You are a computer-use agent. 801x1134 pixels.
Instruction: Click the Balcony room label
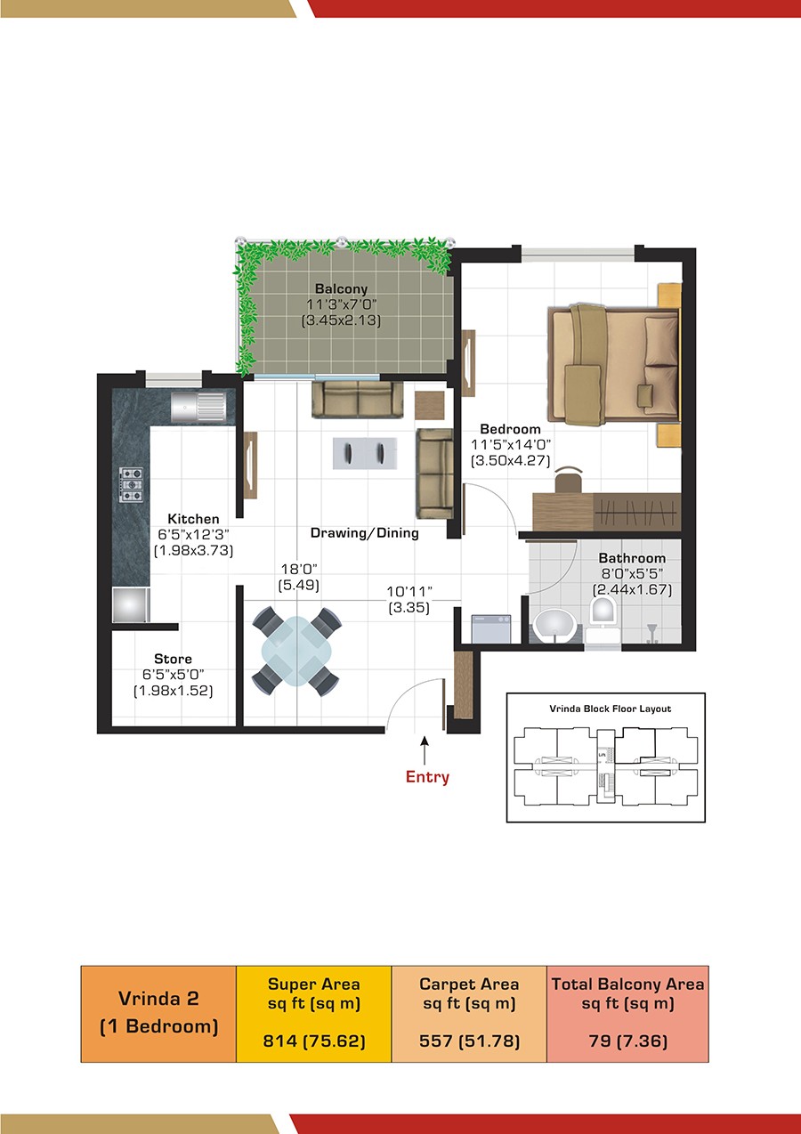coord(341,288)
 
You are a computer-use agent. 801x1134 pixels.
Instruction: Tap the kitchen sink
coord(198,407)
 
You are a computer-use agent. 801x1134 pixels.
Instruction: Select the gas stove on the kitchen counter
coord(131,484)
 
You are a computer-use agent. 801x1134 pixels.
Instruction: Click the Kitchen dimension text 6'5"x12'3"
coord(193,534)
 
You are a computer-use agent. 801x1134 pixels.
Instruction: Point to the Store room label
coord(174,659)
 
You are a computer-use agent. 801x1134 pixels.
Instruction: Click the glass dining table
coord(295,651)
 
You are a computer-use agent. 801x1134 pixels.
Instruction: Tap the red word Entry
coord(427,776)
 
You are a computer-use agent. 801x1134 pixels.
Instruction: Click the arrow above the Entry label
coord(425,750)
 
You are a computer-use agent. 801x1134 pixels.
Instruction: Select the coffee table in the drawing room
coord(365,453)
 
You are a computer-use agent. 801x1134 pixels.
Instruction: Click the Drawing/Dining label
coord(365,532)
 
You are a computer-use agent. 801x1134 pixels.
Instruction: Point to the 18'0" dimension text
coord(299,569)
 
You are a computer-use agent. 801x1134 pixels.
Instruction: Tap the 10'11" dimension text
coord(409,591)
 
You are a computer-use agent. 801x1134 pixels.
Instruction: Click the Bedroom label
coord(510,429)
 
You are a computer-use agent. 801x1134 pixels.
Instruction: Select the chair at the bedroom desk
coord(569,479)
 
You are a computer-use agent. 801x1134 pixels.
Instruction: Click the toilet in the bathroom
coord(603,618)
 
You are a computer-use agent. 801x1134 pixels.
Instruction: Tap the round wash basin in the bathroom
coord(555,625)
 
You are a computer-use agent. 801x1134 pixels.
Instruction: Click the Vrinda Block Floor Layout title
coord(611,709)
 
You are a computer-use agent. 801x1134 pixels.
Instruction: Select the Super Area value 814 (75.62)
coord(314,1041)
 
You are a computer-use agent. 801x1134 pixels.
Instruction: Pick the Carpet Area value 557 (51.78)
coord(469,1041)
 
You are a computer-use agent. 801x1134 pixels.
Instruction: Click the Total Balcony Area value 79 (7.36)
coord(627,1041)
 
